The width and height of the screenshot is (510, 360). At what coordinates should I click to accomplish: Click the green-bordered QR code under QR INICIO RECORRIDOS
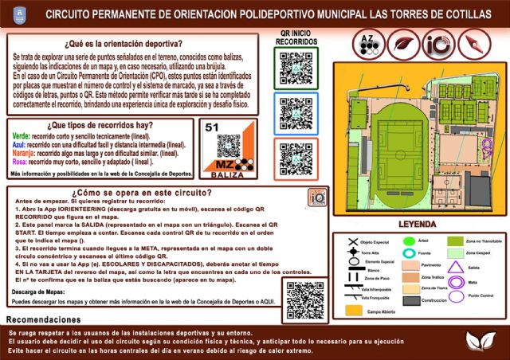[x=296, y=67]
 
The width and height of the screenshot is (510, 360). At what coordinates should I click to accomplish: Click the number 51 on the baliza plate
[x=212, y=127]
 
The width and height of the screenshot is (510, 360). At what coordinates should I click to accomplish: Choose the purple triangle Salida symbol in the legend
[x=457, y=245]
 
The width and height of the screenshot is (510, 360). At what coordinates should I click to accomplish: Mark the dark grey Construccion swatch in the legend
[x=411, y=300]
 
